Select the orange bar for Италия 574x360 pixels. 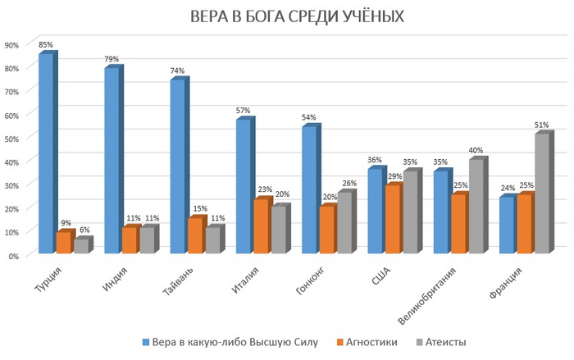click(259, 226)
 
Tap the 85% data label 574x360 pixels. click(46, 44)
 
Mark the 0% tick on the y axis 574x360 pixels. click(14, 255)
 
